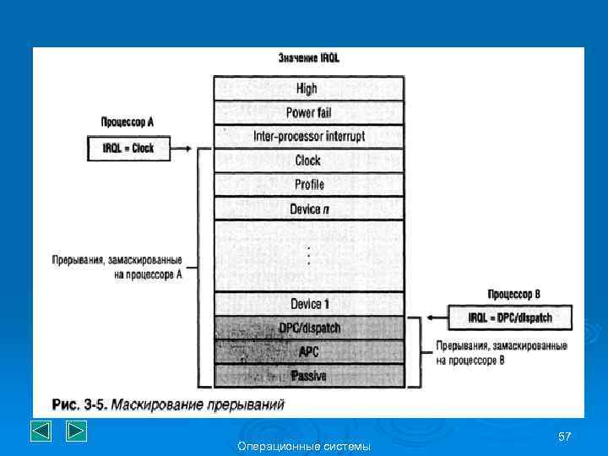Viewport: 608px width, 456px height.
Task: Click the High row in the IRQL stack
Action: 307,89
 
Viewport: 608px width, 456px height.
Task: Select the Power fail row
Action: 307,112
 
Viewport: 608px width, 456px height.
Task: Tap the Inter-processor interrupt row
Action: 307,136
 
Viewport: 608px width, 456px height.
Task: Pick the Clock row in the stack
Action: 307,160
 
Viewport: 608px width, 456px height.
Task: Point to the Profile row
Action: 307,184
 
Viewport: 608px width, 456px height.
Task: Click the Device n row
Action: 307,208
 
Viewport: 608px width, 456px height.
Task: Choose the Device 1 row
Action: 307,304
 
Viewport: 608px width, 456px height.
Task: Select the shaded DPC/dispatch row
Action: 307,328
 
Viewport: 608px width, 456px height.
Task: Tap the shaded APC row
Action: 307,351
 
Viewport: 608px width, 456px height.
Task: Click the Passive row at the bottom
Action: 307,375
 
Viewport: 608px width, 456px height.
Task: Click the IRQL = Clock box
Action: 128,149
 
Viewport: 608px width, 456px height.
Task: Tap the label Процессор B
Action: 513,294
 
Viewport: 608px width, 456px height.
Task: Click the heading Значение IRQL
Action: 309,58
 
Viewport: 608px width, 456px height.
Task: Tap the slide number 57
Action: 565,436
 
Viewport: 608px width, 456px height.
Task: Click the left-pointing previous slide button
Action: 42,431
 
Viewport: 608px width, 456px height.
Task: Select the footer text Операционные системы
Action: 304,446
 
